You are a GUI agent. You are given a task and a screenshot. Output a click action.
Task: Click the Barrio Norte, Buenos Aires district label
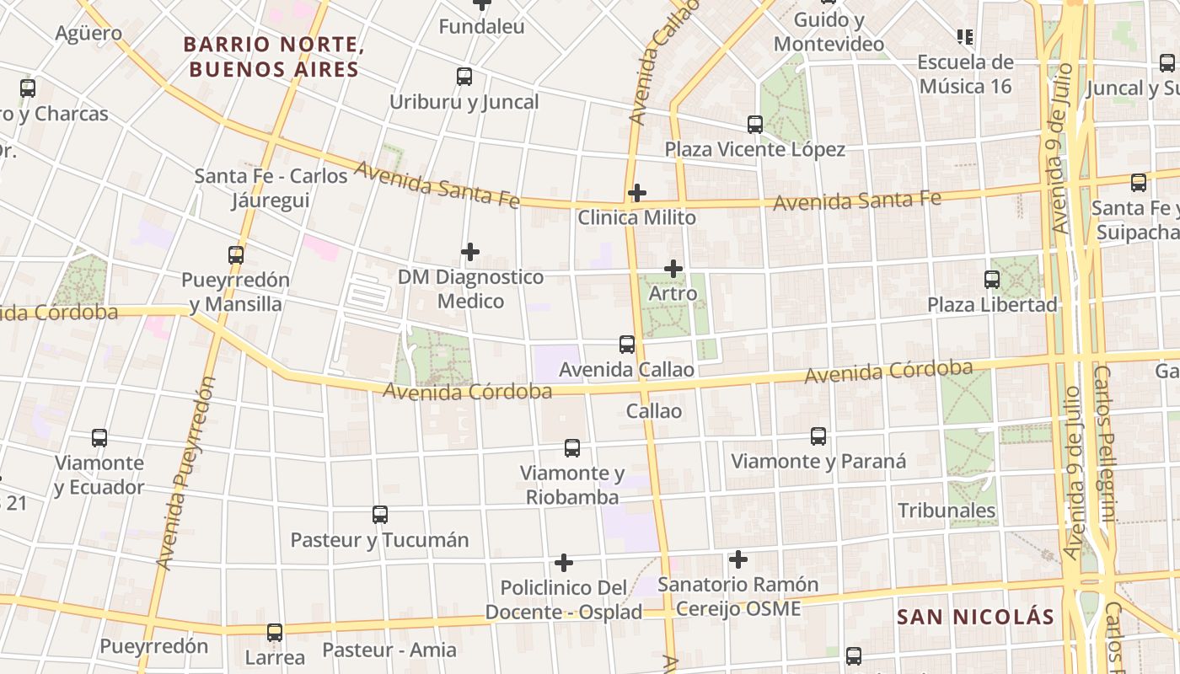[x=272, y=56]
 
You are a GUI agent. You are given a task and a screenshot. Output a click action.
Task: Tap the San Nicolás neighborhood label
[x=975, y=617]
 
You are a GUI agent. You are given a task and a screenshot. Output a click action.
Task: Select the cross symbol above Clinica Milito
[x=637, y=193]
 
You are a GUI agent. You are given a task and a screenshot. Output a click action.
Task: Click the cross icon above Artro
[x=673, y=269]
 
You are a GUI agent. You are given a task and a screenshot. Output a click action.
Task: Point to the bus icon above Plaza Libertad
[x=992, y=279]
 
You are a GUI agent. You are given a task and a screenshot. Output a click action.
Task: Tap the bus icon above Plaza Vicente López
[x=755, y=125]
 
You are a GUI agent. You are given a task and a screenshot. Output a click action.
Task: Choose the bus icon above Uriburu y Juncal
[x=464, y=77]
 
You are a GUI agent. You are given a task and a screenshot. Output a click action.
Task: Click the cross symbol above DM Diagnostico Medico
[x=470, y=251]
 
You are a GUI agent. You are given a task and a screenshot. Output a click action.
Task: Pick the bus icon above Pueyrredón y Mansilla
[x=236, y=254]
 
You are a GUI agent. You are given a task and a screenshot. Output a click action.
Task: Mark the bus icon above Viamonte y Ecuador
[x=99, y=438]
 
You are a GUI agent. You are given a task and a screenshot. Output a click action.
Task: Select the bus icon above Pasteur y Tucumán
[x=380, y=514]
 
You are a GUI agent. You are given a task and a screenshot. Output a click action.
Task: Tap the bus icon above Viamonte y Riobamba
[x=572, y=447]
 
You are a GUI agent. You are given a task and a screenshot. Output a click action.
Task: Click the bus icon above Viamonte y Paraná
[x=818, y=436]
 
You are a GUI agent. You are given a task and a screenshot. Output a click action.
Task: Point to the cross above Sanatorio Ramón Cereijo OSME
[x=738, y=559]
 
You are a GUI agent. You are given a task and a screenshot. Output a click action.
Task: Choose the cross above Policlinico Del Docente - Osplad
[x=564, y=562]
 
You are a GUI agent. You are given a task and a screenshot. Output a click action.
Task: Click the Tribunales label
[x=947, y=511]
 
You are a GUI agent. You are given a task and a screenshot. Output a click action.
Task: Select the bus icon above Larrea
[x=275, y=632]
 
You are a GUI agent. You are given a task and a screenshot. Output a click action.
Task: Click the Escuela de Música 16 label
[x=965, y=74]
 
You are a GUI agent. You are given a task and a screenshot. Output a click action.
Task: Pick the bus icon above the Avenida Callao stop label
[x=627, y=344]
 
